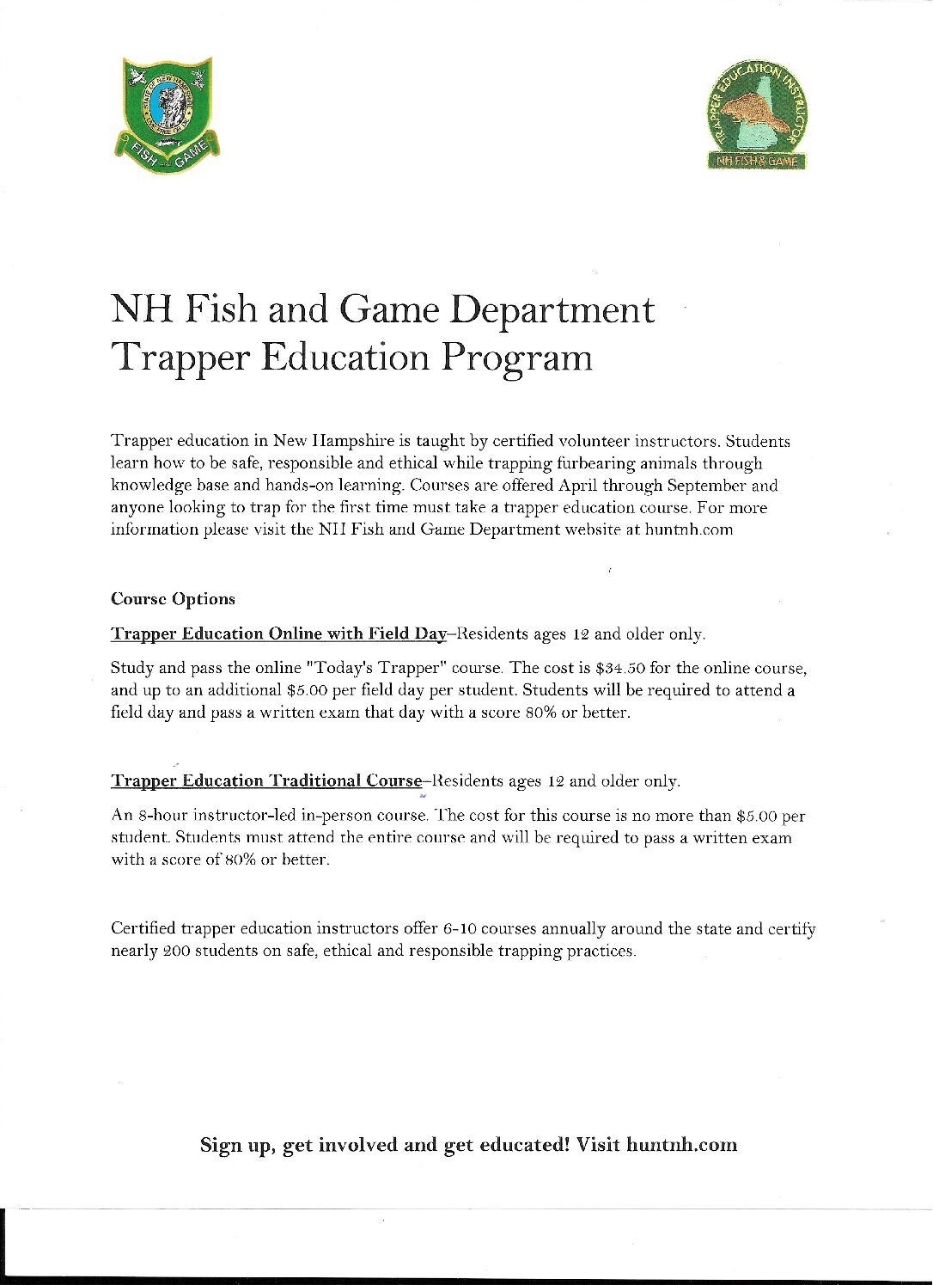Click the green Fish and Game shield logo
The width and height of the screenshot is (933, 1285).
(169, 114)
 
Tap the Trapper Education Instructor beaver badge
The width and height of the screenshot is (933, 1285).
(758, 118)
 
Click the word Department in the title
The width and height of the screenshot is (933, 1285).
(552, 310)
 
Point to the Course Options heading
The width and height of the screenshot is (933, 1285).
(173, 599)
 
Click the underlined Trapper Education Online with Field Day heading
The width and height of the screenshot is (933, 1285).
(279, 634)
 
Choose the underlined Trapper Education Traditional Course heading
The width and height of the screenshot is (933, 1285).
(266, 781)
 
